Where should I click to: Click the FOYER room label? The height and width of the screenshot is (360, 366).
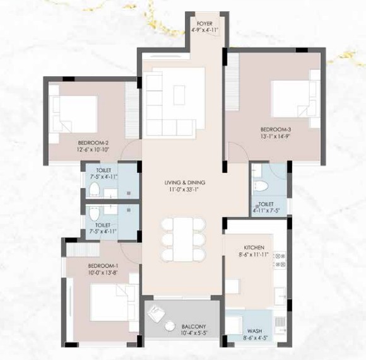[204, 23]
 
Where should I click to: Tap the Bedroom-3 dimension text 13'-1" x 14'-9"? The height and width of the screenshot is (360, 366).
[275, 136]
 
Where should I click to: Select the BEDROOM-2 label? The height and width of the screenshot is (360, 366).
[93, 143]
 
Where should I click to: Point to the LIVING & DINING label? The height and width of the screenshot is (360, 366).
[185, 182]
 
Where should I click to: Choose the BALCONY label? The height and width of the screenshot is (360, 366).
[194, 327]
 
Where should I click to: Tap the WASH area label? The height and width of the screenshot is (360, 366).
[254, 331]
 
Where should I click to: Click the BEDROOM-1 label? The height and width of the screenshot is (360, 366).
[103, 266]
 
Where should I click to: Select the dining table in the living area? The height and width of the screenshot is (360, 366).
[183, 239]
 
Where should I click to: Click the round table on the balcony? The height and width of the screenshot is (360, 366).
[170, 326]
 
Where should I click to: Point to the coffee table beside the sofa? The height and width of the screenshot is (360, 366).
[179, 95]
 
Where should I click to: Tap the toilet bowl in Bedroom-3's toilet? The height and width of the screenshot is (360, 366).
[261, 186]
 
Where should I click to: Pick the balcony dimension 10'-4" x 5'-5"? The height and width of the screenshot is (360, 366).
[194, 333]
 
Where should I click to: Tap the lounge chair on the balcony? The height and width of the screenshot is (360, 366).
[156, 314]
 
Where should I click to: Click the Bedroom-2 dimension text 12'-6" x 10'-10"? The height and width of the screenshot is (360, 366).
[93, 149]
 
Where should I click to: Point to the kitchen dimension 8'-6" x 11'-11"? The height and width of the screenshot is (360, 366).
[254, 254]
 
